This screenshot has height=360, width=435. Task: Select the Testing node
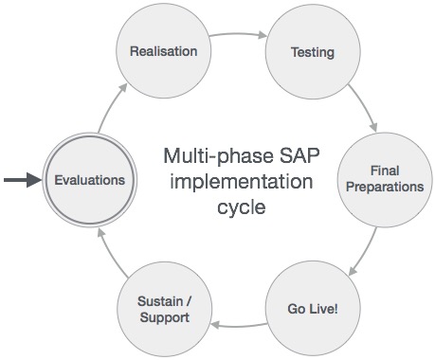312,50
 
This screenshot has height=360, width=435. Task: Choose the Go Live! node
312,309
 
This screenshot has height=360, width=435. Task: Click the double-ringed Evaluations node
89,179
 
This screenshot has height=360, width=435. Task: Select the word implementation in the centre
232,180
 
